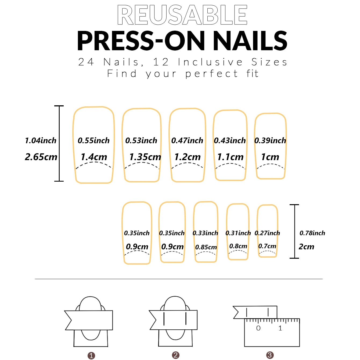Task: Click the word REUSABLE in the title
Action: pos(182,15)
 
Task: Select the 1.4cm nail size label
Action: pos(94,157)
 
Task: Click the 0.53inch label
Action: pos(141,141)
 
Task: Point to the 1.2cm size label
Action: pos(188,157)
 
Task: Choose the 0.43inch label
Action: pos(230,141)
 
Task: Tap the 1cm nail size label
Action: pos(270,157)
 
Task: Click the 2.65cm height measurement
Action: pos(41,157)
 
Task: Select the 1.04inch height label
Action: pos(41,141)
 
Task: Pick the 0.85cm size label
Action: pos(206,247)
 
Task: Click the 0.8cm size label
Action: pos(238,246)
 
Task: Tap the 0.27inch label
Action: pos(267,233)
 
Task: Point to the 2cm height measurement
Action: pos(306,247)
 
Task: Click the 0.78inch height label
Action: pos(312,233)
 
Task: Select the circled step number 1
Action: pos(91,356)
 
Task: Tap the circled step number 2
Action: pos(176,355)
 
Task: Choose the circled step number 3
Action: pos(270,355)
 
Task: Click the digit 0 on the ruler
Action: pos(258,328)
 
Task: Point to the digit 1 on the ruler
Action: pos(280,328)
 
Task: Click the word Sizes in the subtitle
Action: pos(269,62)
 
